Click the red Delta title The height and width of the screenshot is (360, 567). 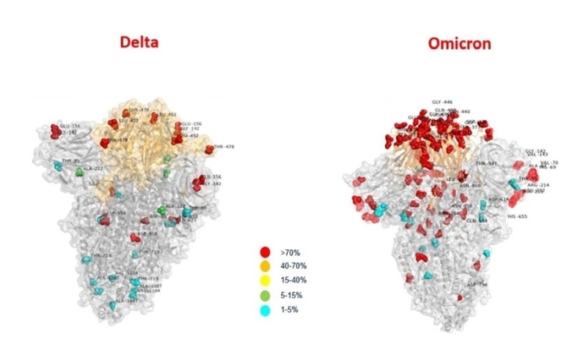139,41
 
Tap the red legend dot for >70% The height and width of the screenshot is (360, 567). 265,252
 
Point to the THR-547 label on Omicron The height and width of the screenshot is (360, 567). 487,163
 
